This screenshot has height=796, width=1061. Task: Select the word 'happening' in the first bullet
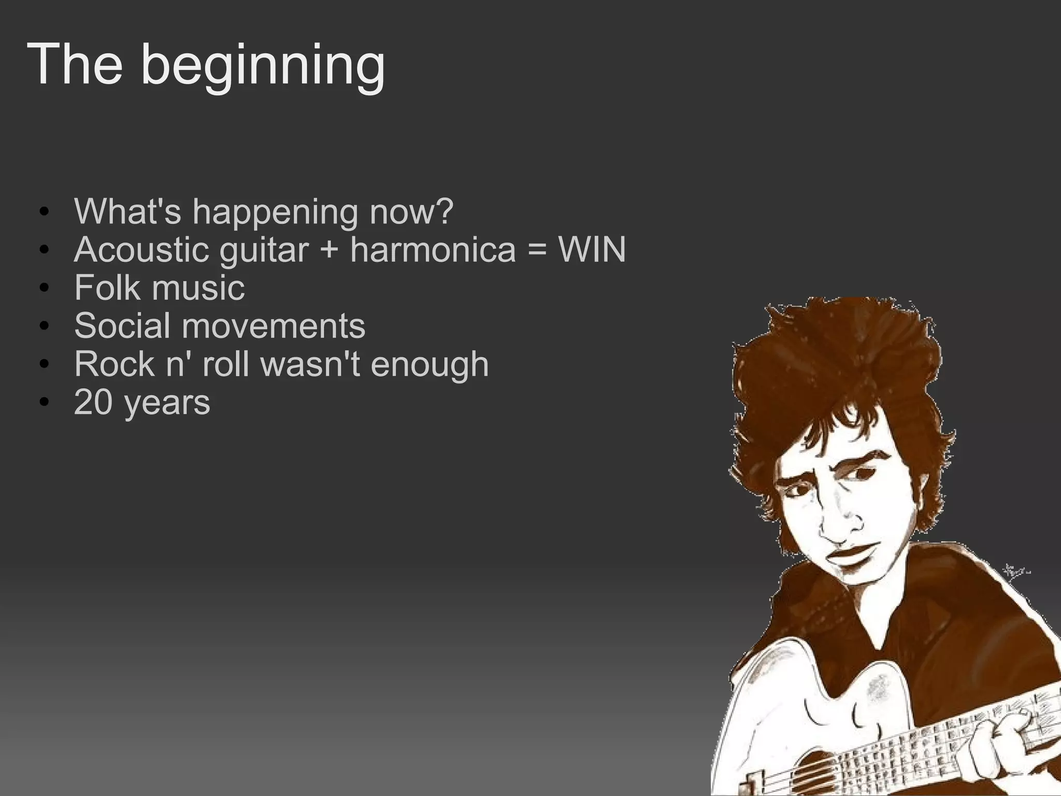[x=275, y=212]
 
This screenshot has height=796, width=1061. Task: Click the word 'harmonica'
[x=433, y=250]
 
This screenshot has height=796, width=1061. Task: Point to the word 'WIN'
[x=592, y=250]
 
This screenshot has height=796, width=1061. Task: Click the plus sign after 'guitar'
[x=329, y=251]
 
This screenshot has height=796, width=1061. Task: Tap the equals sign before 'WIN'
[x=537, y=251]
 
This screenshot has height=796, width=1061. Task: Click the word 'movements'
[x=273, y=326]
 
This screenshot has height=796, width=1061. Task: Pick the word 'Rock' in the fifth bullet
[x=114, y=364]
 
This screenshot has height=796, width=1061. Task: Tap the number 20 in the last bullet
[x=93, y=402]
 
